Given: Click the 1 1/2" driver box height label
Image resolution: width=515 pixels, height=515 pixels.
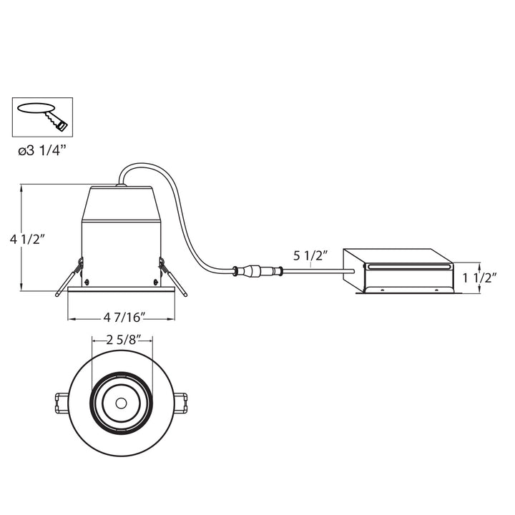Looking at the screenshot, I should [x=480, y=276].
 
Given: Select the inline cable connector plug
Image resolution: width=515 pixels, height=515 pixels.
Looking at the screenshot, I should [x=257, y=271].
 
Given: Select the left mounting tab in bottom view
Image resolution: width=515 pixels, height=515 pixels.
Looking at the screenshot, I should [x=61, y=401].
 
